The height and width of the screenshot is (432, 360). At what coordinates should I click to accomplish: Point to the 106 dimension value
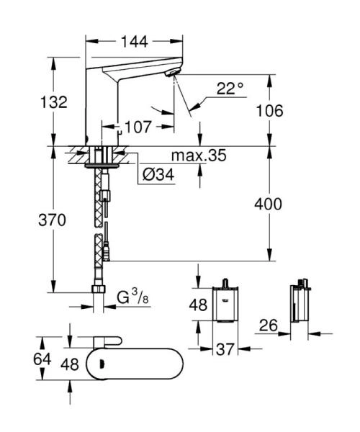pyautogui.click(x=269, y=110)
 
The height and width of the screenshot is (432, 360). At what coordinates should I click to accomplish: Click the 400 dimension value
pyautogui.click(x=268, y=204)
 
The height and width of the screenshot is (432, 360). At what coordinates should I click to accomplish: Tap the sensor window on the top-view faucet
pyautogui.click(x=102, y=363)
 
